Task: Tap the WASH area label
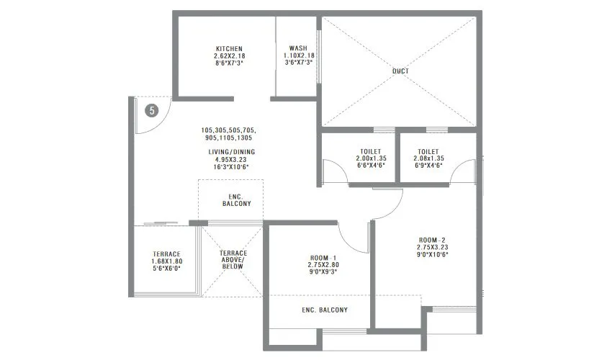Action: pyautogui.click(x=298, y=48)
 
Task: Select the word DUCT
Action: pyautogui.click(x=400, y=71)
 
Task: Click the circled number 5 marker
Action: pyautogui.click(x=150, y=110)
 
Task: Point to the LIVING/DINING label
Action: pyautogui.click(x=229, y=152)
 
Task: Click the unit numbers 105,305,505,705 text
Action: pyautogui.click(x=229, y=130)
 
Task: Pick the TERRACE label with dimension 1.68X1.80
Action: pyautogui.click(x=166, y=254)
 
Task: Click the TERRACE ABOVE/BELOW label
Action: pyautogui.click(x=233, y=259)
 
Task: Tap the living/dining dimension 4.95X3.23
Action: pyautogui.click(x=229, y=159)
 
